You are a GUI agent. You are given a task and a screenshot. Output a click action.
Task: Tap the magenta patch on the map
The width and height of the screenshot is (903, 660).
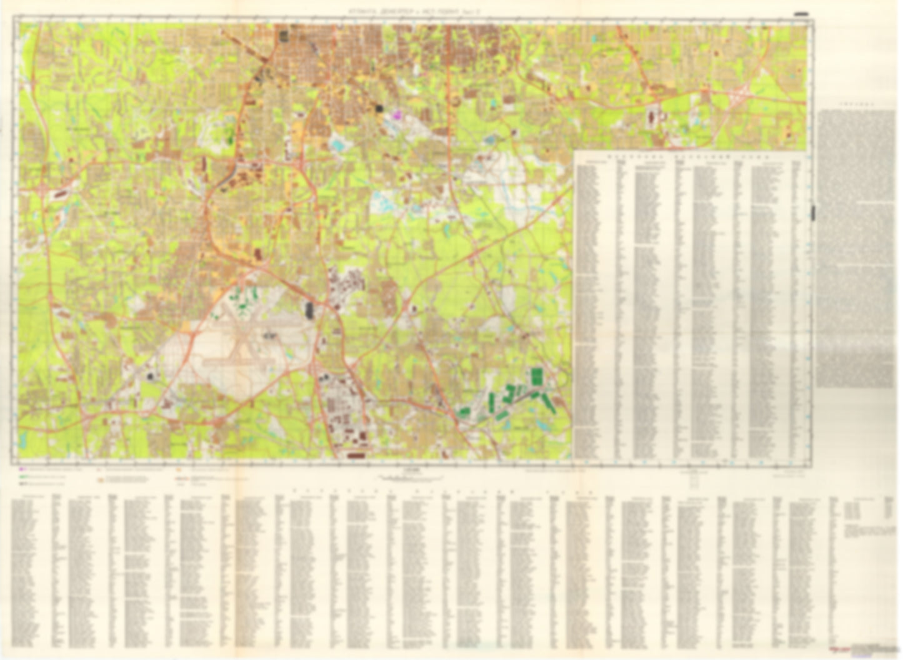click(396, 115)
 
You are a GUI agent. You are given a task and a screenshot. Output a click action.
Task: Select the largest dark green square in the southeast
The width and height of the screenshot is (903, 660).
click(536, 377)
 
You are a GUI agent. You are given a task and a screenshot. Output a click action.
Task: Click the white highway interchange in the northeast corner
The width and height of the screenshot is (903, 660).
click(739, 95)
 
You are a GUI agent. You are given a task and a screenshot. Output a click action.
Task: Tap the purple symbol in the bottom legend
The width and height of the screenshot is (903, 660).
click(22, 468)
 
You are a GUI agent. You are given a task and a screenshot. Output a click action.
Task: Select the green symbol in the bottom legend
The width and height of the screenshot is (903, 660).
click(22, 476)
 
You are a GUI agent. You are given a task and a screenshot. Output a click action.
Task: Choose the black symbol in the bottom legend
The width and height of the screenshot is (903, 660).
click(22, 484)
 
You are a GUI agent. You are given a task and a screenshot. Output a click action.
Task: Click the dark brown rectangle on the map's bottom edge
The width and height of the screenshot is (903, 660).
click(356, 456)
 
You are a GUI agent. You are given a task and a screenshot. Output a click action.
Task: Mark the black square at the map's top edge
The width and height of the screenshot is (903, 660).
click(283, 35)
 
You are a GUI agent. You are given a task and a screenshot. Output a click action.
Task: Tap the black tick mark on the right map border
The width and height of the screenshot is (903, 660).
click(814, 212)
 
